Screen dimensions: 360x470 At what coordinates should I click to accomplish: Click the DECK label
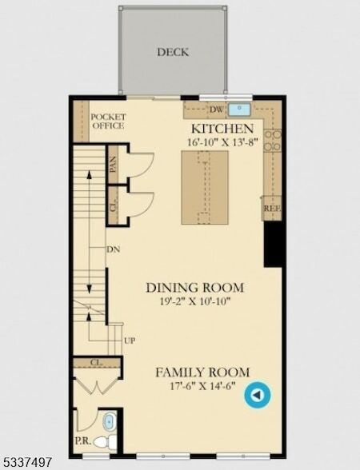(173, 52)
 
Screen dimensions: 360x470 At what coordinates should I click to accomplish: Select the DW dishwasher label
(217, 110)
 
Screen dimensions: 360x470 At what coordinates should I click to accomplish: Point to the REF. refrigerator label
(272, 209)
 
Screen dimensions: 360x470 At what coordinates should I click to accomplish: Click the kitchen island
(205, 187)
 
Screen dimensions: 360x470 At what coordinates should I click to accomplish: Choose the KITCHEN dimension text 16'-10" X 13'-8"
(223, 141)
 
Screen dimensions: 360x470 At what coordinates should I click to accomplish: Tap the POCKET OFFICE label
(108, 121)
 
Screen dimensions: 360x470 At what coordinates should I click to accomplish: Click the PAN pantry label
(113, 165)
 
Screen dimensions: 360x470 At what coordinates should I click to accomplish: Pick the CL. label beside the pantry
(113, 205)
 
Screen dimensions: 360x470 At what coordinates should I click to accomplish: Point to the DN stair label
(114, 249)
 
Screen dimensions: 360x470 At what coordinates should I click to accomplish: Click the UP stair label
(130, 341)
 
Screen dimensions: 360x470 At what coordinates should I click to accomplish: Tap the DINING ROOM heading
(195, 288)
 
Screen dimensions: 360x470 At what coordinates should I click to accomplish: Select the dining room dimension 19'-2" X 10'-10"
(195, 301)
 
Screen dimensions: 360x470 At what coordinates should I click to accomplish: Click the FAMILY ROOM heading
(202, 372)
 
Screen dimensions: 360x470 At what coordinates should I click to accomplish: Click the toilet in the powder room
(105, 441)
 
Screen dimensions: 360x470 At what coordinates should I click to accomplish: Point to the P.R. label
(82, 441)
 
